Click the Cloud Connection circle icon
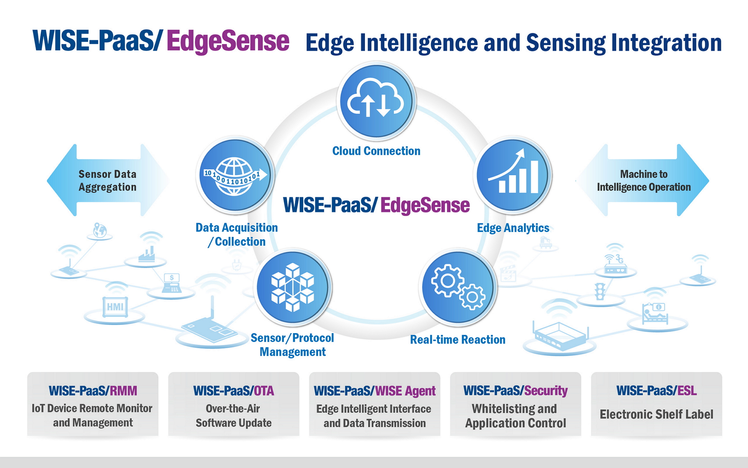pyautogui.click(x=376, y=101)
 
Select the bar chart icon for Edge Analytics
pyautogui.click(x=513, y=175)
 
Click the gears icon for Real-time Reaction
pyautogui.click(x=458, y=287)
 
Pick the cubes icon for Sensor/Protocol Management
pyautogui.click(x=293, y=287)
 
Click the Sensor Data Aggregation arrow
pyautogui.click(x=108, y=180)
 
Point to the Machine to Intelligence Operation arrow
pyautogui.click(x=642, y=180)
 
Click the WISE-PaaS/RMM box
pyautogui.click(x=93, y=404)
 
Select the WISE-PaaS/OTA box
pyautogui.click(x=234, y=404)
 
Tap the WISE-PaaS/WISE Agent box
pyautogui.click(x=375, y=404)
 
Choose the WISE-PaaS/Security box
pyautogui.click(x=515, y=404)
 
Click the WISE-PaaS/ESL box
pyautogui.click(x=656, y=404)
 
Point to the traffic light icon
pyautogui.click(x=600, y=291)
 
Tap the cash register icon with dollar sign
pyautogui.click(x=172, y=283)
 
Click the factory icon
pyautogui.click(x=147, y=253)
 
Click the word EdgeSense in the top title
pyautogui.click(x=228, y=41)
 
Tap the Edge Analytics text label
pyautogui.click(x=513, y=228)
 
